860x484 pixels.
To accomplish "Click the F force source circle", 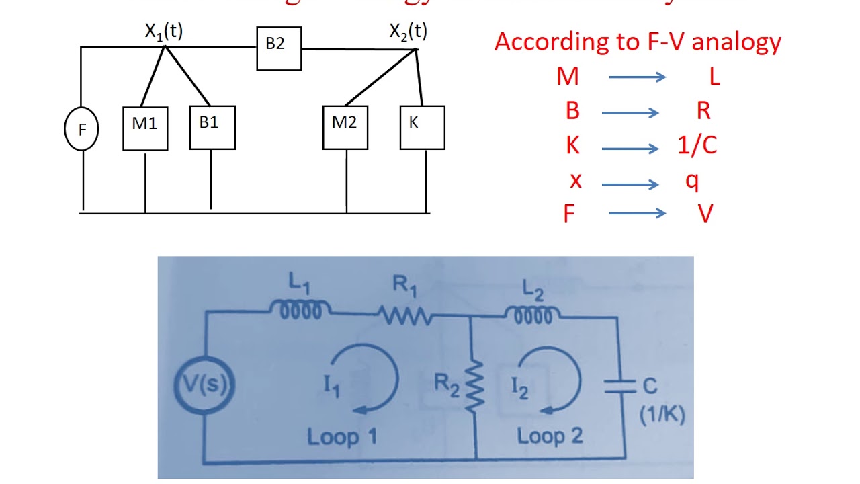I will pyautogui.click(x=81, y=128).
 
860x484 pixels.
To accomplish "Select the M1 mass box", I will pyautogui.click(x=145, y=128).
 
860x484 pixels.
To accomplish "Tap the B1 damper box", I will pyautogui.click(x=212, y=127).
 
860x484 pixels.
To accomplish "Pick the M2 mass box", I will pyautogui.click(x=345, y=127).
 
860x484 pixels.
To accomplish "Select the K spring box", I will pyautogui.click(x=422, y=127).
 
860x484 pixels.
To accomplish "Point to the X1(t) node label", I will pyautogui.click(x=164, y=32).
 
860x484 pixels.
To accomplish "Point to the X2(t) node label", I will pyautogui.click(x=408, y=32).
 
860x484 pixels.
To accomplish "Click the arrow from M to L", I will pyautogui.click(x=636, y=77).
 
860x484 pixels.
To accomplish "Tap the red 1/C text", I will pyautogui.click(x=697, y=146).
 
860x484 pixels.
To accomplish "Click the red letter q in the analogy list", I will pyautogui.click(x=692, y=182).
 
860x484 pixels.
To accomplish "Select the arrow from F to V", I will pyautogui.click(x=636, y=214).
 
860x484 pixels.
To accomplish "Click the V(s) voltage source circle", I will pyautogui.click(x=206, y=386).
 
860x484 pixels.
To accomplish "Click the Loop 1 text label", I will pyautogui.click(x=342, y=437).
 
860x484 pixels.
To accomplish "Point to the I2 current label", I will pyautogui.click(x=519, y=388).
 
